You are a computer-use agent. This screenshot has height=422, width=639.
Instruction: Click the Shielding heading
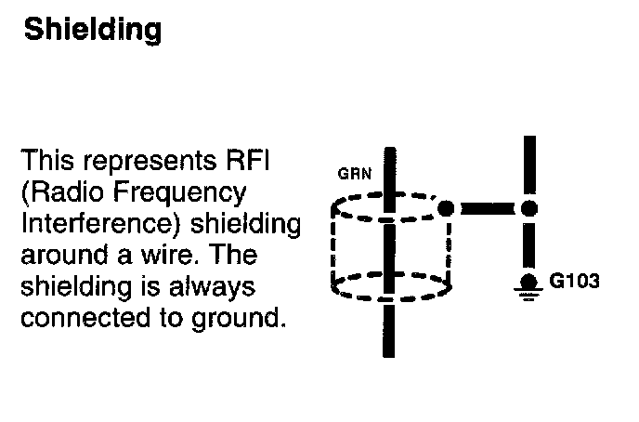pos(92,30)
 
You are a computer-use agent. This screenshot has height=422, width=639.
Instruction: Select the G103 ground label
pos(575,281)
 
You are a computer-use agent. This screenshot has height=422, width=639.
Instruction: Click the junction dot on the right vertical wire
pos(529,208)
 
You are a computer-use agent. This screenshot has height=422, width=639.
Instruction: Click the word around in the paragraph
pos(64,256)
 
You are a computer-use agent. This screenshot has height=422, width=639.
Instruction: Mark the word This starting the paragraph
pos(46,161)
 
